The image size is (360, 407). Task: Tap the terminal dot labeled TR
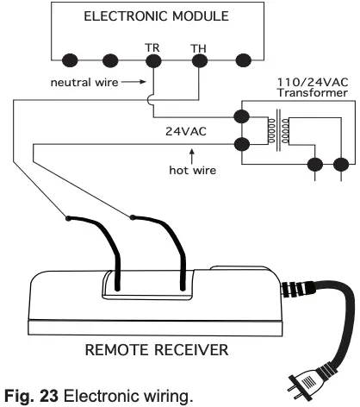click(x=153, y=62)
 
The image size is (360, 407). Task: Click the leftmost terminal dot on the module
click(x=68, y=62)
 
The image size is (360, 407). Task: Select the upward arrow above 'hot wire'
click(x=191, y=153)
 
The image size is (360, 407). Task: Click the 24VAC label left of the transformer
click(x=190, y=134)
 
